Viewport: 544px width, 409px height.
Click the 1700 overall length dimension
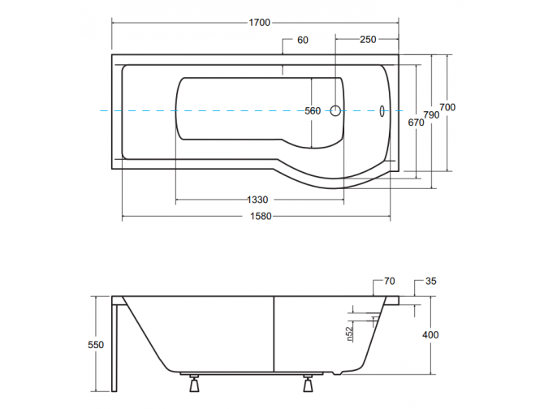260,23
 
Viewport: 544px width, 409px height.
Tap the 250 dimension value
368,40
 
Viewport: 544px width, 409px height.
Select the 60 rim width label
303,41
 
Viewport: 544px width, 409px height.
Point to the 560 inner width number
313,111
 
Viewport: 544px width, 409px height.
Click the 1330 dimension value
257,200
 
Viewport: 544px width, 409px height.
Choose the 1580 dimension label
261,217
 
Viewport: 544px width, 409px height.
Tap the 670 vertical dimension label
416,123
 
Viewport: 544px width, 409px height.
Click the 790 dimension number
431,114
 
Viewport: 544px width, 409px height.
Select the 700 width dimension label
447,107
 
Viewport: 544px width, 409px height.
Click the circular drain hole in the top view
335,111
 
